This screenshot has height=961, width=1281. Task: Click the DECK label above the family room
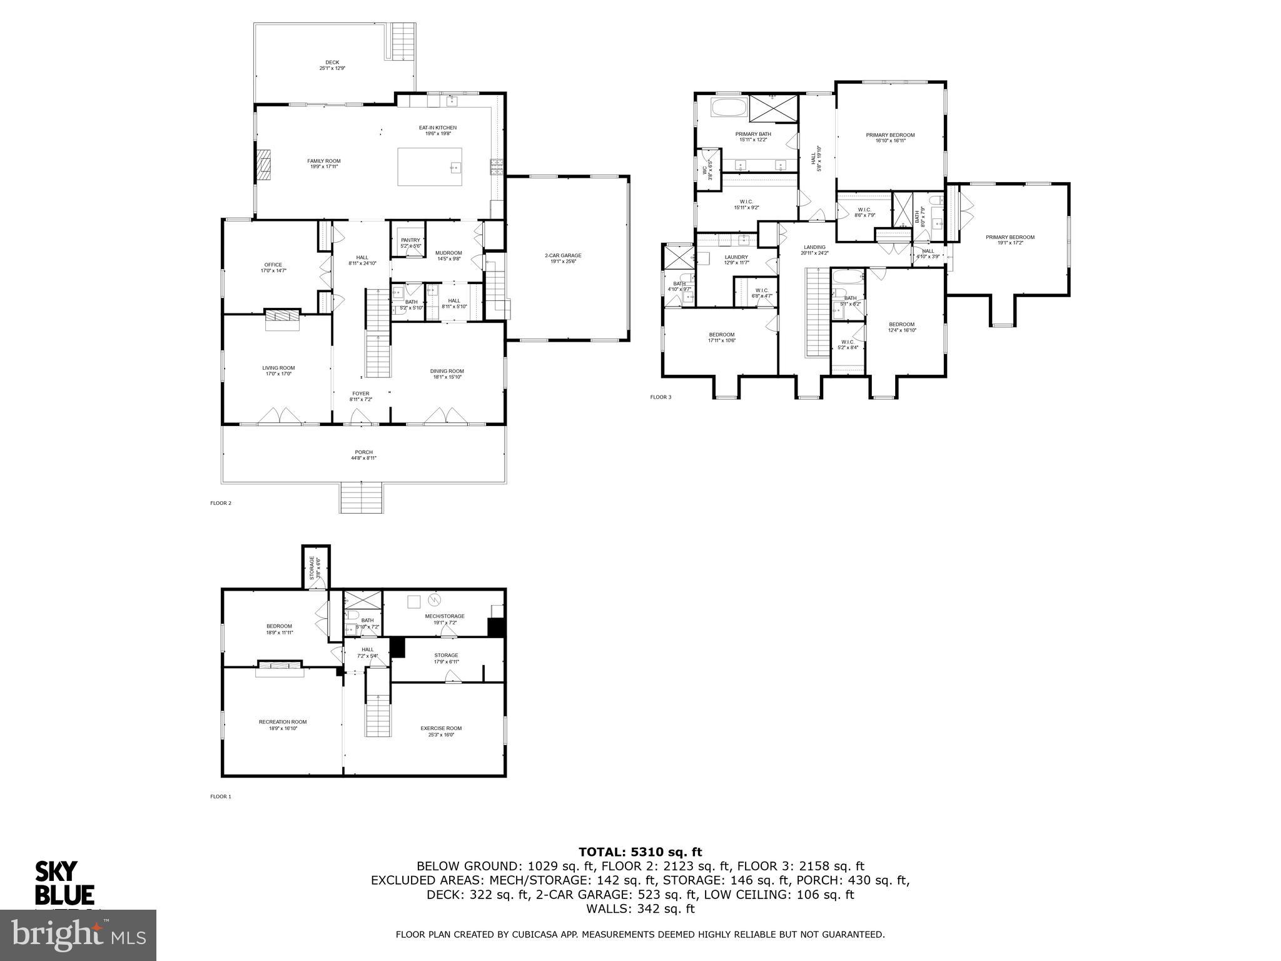coord(332,63)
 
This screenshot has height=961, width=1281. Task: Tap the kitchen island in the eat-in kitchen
coord(430,166)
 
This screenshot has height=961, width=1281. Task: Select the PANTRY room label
coord(410,240)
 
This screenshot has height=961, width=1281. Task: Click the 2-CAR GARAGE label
coord(563,255)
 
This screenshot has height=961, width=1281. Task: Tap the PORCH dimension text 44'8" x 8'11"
coord(363,458)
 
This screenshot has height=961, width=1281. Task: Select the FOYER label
coord(360,394)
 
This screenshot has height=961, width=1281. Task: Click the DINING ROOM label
coord(447,371)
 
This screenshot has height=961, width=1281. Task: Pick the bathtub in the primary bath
coord(729,108)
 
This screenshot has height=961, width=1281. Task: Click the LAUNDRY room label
coord(736,257)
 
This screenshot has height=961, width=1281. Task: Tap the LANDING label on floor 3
coord(814,247)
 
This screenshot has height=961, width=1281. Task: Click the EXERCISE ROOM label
coord(441,728)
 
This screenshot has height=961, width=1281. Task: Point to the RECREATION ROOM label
coord(283,722)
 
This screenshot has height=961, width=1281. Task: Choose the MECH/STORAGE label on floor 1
coord(445,616)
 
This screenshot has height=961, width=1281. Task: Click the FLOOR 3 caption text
coord(660,397)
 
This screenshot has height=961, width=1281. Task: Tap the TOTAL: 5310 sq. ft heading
coord(640,852)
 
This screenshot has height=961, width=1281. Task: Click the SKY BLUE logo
coord(64,883)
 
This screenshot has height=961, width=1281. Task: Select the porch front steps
coord(362,498)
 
